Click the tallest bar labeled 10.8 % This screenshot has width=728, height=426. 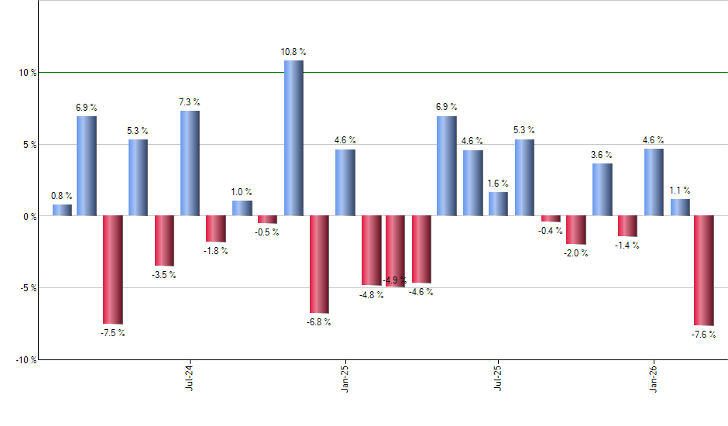(294, 138)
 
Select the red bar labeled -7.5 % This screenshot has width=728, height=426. (113, 270)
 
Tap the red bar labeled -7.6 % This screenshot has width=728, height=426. (704, 270)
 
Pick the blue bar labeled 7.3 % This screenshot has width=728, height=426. (190, 163)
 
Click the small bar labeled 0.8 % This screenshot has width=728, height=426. (62, 210)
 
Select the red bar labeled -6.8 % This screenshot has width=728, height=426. (319, 264)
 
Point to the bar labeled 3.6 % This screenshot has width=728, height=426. (602, 190)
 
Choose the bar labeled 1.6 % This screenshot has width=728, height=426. (499, 204)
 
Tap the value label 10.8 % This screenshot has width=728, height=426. (294, 52)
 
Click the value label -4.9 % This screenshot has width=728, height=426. (395, 280)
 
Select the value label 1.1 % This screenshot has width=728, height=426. (680, 191)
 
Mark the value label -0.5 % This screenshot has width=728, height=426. (268, 232)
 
